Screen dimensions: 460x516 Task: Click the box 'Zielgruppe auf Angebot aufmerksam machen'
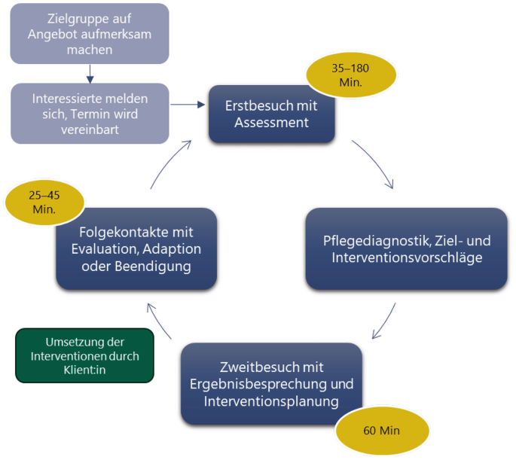point(90,34)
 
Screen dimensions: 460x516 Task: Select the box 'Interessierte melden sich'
point(90,113)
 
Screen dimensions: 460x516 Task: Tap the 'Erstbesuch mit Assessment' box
point(271,114)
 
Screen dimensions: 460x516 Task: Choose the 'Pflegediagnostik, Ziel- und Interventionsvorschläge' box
point(407,249)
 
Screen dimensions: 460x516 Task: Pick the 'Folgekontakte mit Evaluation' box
point(136,248)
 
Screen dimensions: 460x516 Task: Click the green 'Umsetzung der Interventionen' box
point(84,355)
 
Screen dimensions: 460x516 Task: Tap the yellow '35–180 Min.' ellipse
point(351,75)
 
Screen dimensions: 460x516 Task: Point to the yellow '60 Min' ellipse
point(381,431)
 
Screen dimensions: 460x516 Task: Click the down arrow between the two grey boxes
point(90,74)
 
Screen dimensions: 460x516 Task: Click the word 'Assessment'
point(271,122)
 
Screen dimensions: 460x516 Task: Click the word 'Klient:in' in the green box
point(85,370)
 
